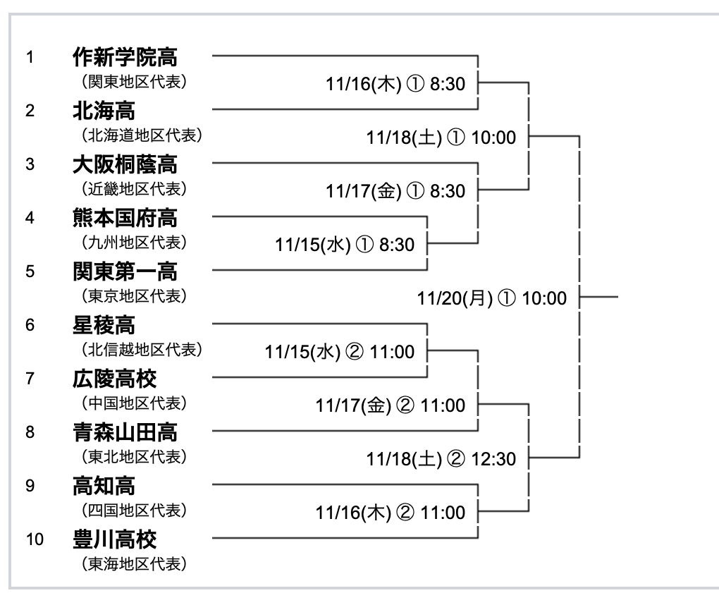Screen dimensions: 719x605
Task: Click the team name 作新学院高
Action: (125, 57)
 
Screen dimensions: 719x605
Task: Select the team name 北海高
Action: (104, 111)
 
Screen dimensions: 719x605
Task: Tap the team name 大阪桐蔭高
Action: (125, 164)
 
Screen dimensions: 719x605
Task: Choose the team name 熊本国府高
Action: (125, 218)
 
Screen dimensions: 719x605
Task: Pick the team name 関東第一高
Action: (125, 271)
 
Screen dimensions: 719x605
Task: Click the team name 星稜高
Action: (104, 325)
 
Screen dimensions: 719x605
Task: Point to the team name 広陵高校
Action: (114, 379)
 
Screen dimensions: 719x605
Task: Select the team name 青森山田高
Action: (125, 432)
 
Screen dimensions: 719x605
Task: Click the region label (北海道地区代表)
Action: (142, 135)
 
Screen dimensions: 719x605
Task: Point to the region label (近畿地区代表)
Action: (134, 189)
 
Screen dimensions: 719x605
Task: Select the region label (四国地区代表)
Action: (134, 511)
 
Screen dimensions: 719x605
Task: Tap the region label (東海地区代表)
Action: (134, 564)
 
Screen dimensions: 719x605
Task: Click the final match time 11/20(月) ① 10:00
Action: (491, 298)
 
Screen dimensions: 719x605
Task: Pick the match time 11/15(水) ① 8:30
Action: (345, 245)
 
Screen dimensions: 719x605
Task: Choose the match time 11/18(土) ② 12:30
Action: (441, 459)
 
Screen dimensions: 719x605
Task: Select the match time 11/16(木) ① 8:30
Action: (395, 85)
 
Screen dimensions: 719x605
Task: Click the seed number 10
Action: (35, 539)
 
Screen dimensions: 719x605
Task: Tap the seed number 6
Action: (30, 325)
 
